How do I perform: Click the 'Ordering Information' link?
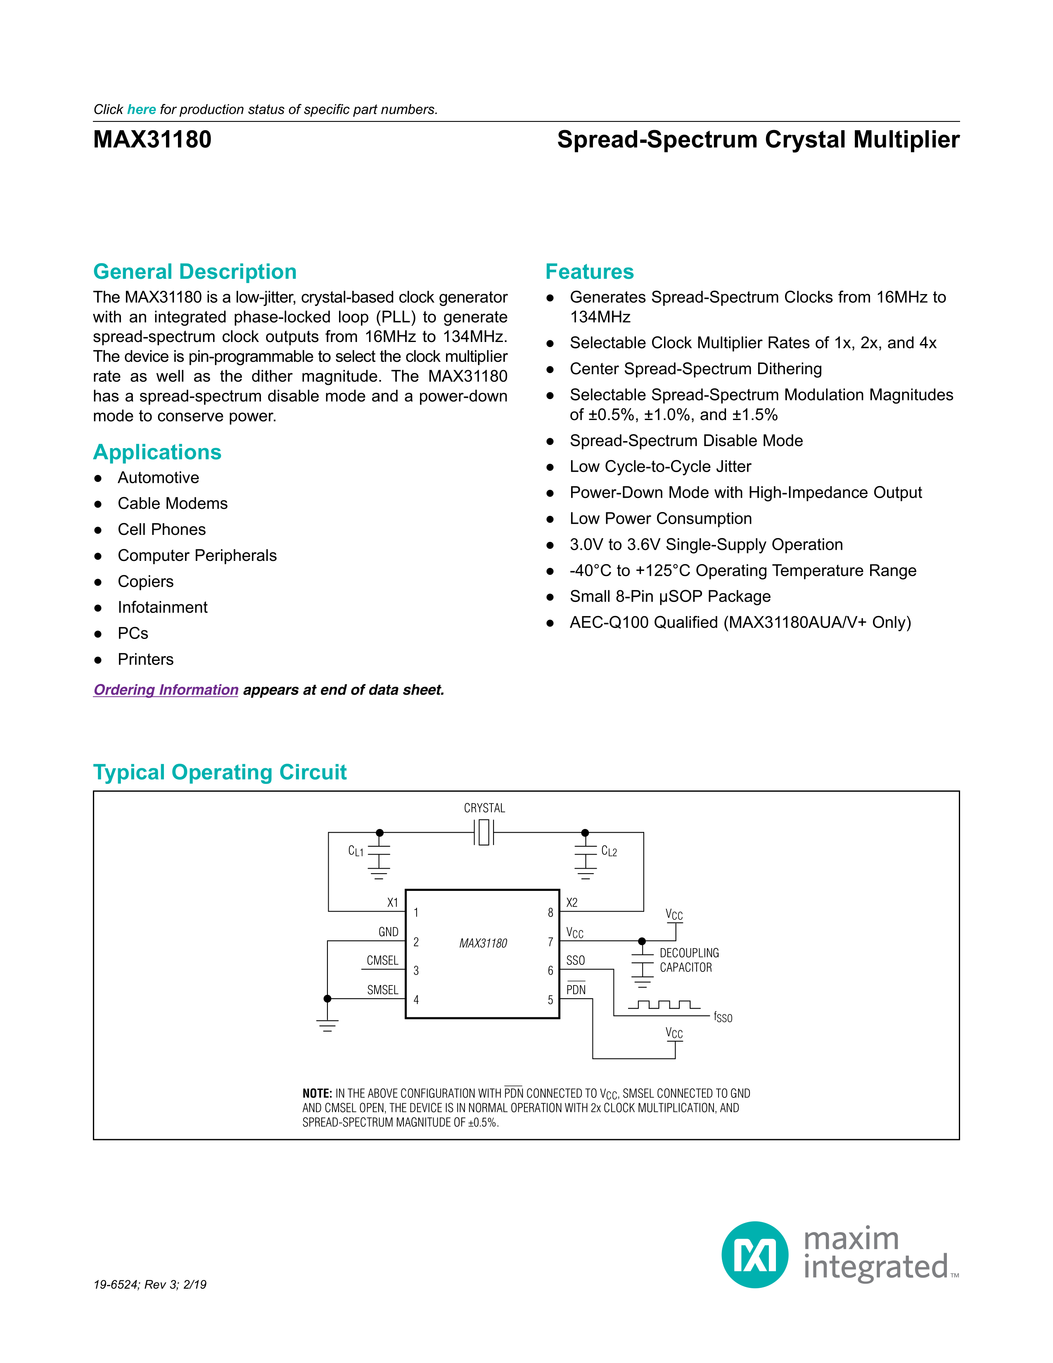point(166,690)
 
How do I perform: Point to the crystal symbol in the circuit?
point(484,833)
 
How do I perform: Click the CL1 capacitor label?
point(356,851)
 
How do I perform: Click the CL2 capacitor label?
point(609,851)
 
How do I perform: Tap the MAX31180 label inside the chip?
point(483,943)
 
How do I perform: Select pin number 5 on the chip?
point(550,1000)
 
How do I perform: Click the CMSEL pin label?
point(382,960)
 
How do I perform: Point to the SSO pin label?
point(575,960)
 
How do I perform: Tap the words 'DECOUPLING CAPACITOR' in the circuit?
point(689,960)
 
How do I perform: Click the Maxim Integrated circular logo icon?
point(755,1255)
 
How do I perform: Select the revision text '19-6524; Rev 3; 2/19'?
point(150,1285)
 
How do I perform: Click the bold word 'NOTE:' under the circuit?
point(317,1093)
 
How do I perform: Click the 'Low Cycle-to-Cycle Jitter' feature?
point(660,466)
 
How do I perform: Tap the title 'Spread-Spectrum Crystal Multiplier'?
point(758,139)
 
